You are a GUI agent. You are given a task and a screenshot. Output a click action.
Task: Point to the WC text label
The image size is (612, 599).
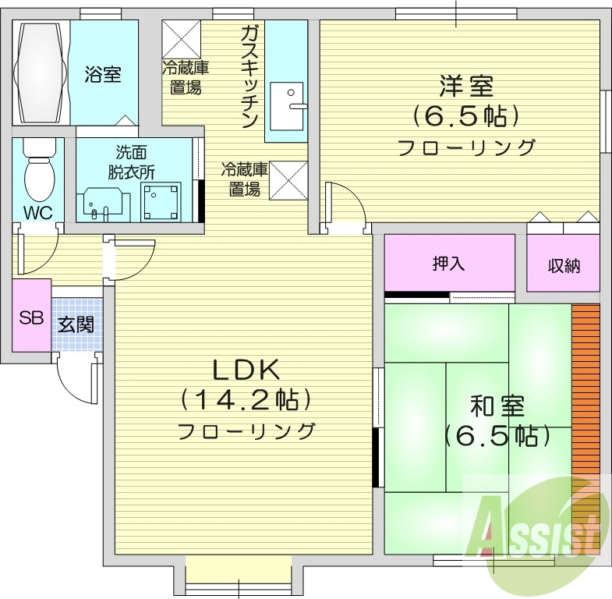(x=37, y=212)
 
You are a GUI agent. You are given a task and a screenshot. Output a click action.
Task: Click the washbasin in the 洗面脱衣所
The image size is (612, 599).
(x=101, y=201)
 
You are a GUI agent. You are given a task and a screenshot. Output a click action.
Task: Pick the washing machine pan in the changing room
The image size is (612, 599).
(x=161, y=201)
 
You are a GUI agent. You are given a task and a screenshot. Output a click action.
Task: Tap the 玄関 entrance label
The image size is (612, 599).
(x=76, y=323)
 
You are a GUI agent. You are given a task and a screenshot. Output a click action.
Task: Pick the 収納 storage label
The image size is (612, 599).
(x=564, y=265)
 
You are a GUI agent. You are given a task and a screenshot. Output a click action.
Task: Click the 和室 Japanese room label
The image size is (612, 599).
(x=497, y=406)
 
